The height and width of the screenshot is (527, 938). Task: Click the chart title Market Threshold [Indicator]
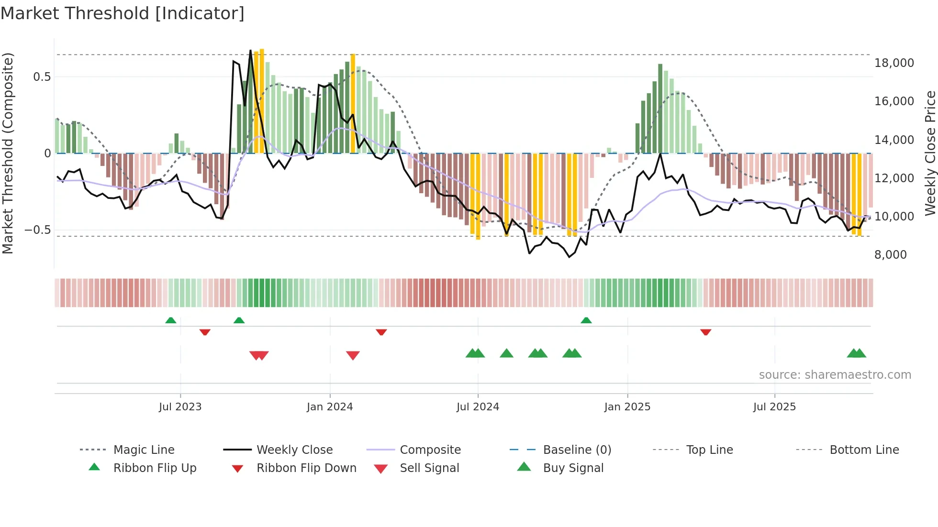point(123,13)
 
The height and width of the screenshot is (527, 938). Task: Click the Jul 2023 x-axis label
point(180,407)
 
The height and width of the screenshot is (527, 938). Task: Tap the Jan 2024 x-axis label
point(330,407)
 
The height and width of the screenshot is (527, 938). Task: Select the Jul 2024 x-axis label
point(478,407)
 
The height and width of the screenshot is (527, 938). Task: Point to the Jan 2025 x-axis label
point(627,407)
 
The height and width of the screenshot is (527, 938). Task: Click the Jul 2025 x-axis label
point(774,407)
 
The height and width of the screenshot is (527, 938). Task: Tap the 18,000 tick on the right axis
point(894,63)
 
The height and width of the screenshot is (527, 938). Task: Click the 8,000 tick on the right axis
point(891,255)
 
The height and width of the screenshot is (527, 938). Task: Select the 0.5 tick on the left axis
point(42,77)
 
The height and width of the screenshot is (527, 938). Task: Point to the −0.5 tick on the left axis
point(38,230)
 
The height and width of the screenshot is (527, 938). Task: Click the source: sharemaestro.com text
point(835,375)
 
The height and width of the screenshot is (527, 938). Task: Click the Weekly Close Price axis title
point(930,153)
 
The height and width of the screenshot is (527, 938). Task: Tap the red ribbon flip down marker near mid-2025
point(705,332)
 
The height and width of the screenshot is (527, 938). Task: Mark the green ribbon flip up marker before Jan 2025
point(586,320)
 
